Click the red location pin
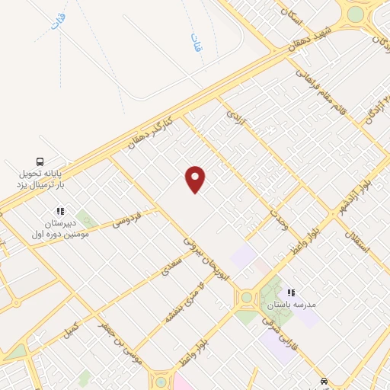(196, 179)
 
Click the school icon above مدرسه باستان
(290, 292)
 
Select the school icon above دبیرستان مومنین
(60, 211)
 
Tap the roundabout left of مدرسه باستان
(246, 298)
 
